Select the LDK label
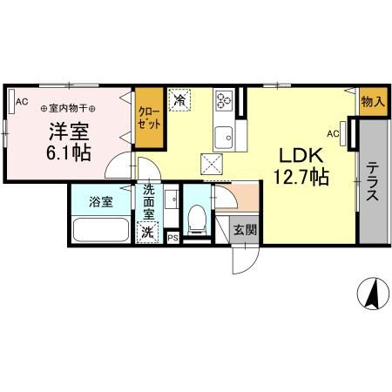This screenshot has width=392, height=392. click(x=301, y=155)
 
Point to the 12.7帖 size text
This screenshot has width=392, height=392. click(x=302, y=178)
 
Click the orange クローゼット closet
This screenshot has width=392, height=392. click(x=149, y=118)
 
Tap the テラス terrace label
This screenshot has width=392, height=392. click(x=372, y=183)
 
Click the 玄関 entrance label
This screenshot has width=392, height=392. click(x=244, y=231)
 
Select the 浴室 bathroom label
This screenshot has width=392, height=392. click(x=101, y=202)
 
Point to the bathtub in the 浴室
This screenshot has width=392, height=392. click(x=101, y=232)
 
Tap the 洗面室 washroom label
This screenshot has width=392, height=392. click(x=149, y=201)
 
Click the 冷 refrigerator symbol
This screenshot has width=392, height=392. click(x=181, y=102)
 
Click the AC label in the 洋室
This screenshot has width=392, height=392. click(x=22, y=102)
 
